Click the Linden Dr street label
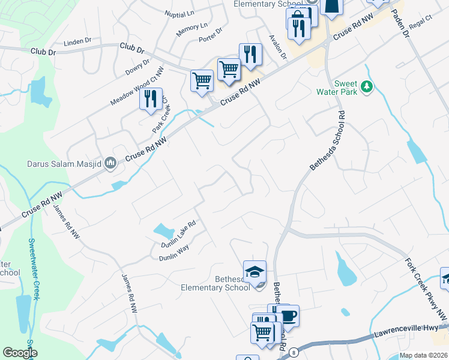(x=77, y=41)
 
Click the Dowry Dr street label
(x=137, y=67)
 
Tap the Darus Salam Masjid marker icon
(x=110, y=163)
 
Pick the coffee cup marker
(x=288, y=316)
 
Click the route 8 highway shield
(x=293, y=352)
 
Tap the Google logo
(x=20, y=353)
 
